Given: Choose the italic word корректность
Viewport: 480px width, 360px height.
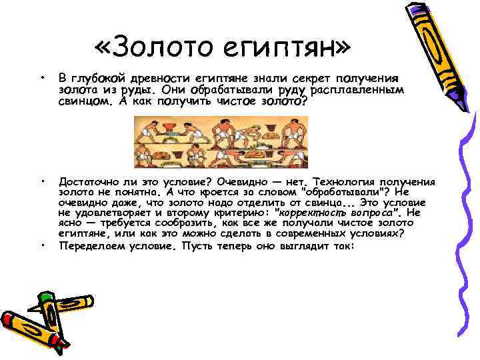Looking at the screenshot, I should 311,213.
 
